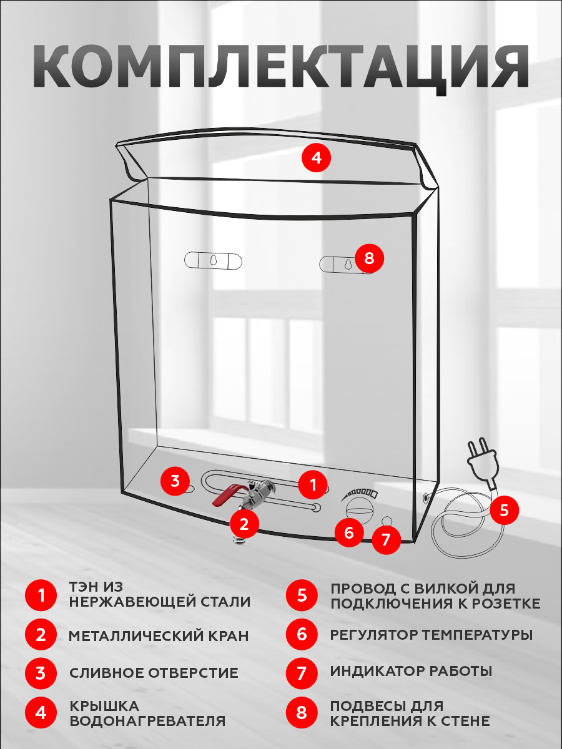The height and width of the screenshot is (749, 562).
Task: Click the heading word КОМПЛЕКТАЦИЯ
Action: click(x=281, y=66)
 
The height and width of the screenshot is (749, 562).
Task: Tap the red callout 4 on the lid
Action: click(x=317, y=158)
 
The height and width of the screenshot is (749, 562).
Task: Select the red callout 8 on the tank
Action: click(x=369, y=258)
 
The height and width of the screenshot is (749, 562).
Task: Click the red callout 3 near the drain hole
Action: click(x=175, y=481)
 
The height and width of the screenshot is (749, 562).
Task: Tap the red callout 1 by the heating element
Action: click(x=313, y=484)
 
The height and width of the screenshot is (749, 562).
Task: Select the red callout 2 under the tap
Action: click(x=244, y=524)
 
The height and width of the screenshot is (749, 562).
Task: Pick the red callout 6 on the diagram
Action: click(x=348, y=532)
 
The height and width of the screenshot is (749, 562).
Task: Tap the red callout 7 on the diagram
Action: click(x=386, y=539)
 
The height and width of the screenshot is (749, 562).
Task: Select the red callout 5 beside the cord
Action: click(x=504, y=511)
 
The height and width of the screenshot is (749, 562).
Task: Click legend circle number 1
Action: click(x=41, y=595)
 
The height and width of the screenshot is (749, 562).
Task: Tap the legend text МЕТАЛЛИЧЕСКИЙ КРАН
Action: click(x=159, y=636)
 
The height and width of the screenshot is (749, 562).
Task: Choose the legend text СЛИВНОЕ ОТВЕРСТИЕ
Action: click(x=154, y=673)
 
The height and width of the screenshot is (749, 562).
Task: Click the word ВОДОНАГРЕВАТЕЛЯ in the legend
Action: click(x=147, y=721)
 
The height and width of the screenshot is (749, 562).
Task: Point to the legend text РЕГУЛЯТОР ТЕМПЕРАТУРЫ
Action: click(x=431, y=635)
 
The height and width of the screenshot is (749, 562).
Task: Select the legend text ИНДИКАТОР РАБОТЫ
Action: click(x=411, y=672)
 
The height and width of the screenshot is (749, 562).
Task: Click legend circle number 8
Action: click(x=302, y=713)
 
